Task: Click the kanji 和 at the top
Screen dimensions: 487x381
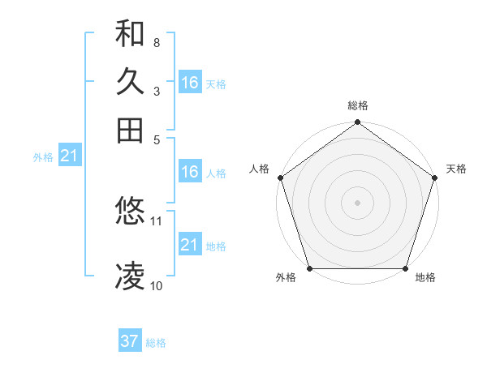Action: pos(130,34)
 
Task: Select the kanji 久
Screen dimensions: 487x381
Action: pos(130,82)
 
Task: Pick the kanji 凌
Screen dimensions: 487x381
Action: pos(130,276)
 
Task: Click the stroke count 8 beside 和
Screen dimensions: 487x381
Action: pos(156,42)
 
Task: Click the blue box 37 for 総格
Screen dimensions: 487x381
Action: pos(130,341)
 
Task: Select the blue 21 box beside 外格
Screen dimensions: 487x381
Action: pos(68,156)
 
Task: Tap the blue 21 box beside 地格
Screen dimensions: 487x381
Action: pos(190,245)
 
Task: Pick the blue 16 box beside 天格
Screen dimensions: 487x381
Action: pos(190,83)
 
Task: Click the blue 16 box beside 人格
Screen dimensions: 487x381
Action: pos(190,172)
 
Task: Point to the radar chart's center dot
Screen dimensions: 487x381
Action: pos(357,202)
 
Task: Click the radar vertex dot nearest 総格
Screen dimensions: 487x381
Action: pos(357,123)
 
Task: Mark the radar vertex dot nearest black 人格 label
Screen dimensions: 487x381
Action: pos(281,178)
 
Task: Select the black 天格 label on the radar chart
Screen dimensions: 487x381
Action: pos(456,169)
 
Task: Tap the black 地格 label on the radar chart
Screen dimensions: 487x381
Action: pos(425,278)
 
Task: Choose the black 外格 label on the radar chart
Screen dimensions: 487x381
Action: pos(286,278)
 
